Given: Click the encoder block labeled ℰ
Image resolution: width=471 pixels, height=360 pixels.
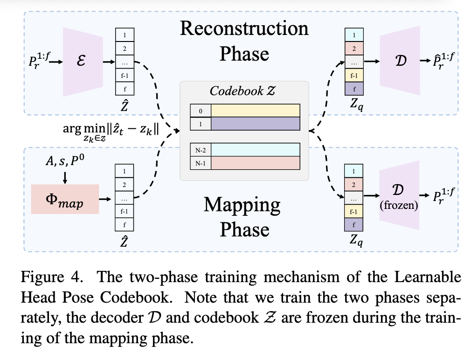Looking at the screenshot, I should [x=81, y=61].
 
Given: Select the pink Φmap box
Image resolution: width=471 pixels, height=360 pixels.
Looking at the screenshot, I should [x=65, y=199].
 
